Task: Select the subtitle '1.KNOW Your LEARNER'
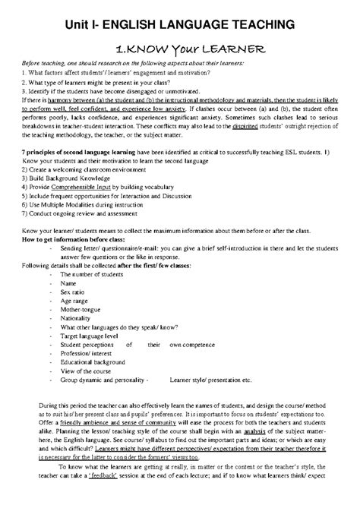179,49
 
